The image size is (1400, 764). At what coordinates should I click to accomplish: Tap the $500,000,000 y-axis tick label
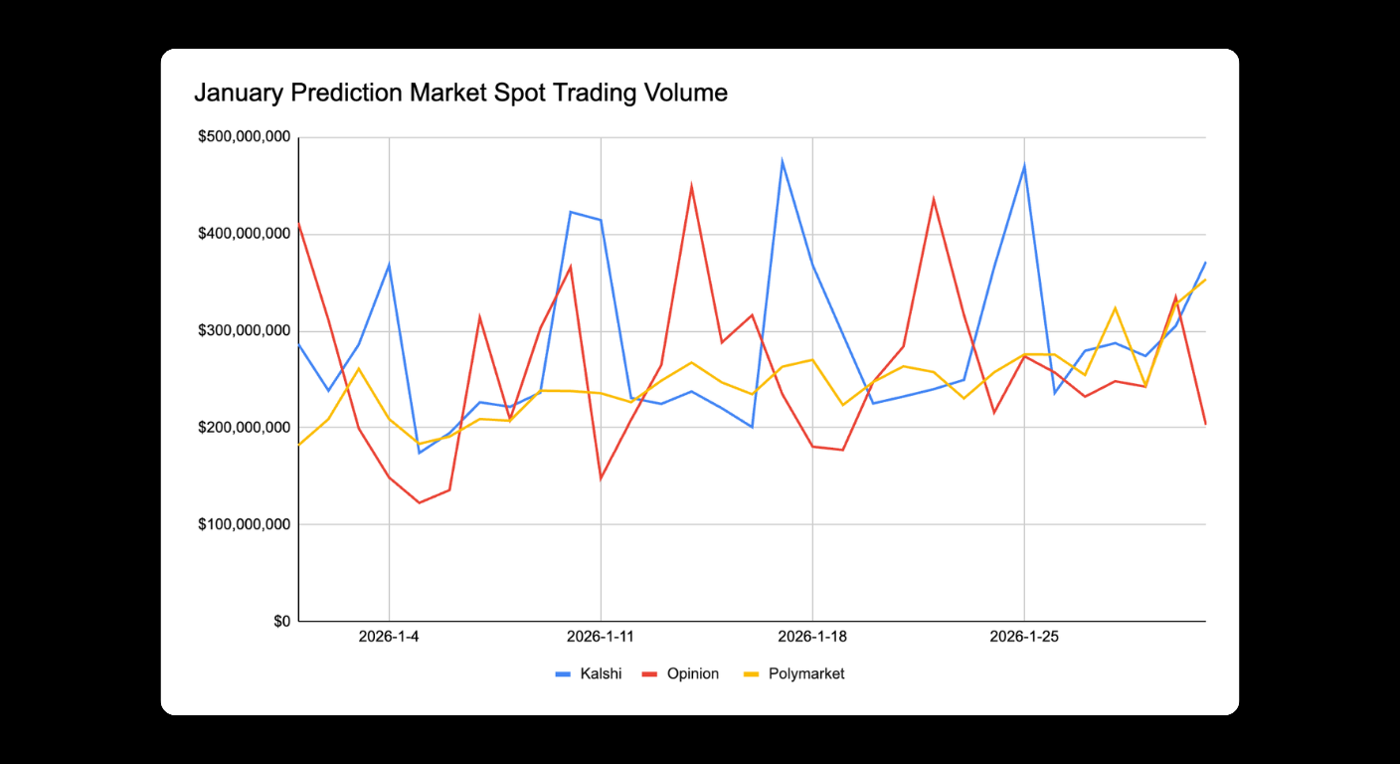244,137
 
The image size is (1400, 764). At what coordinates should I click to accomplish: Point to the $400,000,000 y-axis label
244,234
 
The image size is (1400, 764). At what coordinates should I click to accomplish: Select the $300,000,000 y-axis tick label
244,330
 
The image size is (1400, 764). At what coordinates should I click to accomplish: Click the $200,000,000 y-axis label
244,428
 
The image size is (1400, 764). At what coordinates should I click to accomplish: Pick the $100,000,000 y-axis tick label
244,524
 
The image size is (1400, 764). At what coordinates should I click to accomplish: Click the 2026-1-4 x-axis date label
389,637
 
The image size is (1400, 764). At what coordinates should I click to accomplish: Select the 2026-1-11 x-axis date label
601,637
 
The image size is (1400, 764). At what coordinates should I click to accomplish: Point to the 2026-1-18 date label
812,637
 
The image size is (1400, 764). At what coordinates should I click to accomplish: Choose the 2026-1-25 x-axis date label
1024,637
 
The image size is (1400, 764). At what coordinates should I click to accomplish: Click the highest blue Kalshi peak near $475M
783,160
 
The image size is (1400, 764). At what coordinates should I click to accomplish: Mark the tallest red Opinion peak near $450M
691,186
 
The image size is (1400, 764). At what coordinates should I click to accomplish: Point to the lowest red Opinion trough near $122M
419,502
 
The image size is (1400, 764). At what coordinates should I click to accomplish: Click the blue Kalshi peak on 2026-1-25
1024,166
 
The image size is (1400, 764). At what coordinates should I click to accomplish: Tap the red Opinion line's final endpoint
1205,425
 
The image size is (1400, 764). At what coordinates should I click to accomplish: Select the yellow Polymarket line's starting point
298,445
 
